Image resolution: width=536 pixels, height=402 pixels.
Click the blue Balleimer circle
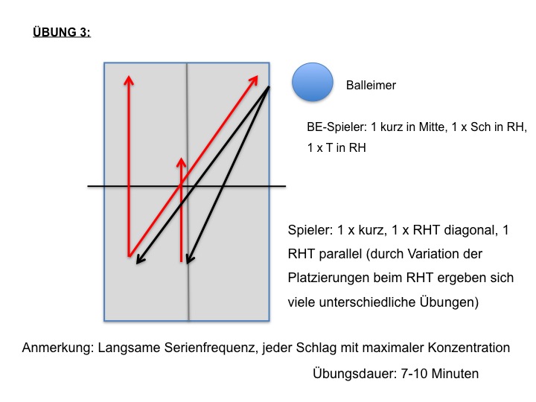[x=313, y=82]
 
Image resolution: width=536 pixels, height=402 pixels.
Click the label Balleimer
[x=371, y=85]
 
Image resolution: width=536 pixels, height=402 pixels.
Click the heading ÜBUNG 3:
[x=62, y=32]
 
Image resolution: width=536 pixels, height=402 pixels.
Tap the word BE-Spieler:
[x=336, y=127]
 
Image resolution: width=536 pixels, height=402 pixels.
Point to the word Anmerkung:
[x=58, y=348]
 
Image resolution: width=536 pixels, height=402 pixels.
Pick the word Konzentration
[x=469, y=348]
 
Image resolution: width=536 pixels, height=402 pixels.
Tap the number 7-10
[x=414, y=373]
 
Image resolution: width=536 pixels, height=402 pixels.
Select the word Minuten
[x=455, y=373]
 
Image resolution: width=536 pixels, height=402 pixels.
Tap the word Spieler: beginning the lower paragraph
[x=310, y=230]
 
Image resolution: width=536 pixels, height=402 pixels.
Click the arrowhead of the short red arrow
[x=181, y=161]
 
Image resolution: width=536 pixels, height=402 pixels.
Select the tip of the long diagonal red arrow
[x=257, y=76]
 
